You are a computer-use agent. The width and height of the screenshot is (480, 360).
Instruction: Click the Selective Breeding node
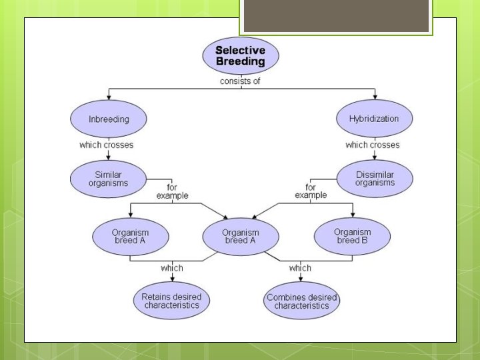tap(240, 56)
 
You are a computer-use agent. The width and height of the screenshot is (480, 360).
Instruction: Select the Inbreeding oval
tap(109, 119)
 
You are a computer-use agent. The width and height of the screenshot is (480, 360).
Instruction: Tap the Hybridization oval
tap(374, 119)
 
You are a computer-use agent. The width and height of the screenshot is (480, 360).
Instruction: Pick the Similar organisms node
tap(109, 179)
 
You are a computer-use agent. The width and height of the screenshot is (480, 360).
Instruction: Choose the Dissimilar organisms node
tap(375, 178)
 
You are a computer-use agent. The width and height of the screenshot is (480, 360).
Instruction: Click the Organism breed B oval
tap(351, 236)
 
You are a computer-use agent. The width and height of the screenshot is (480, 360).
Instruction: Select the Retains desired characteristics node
tap(171, 301)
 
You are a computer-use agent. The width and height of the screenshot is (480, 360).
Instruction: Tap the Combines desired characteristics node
tap(301, 301)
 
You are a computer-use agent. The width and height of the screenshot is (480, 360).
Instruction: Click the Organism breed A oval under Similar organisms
tap(130, 236)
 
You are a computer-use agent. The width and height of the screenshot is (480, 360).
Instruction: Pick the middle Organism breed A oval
tap(240, 236)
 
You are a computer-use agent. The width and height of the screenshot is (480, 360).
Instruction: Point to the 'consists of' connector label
tap(240, 81)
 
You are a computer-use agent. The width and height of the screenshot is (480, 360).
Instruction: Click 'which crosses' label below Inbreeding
tap(107, 145)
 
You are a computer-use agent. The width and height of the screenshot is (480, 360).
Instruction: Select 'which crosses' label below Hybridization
tap(373, 145)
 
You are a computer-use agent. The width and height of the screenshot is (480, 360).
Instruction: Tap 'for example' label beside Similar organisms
tap(173, 192)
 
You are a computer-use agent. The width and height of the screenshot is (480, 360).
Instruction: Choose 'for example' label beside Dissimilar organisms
tap(311, 192)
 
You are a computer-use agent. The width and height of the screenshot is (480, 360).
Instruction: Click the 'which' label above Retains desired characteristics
tap(172, 268)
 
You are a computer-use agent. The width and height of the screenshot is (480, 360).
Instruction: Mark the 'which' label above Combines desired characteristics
tap(300, 268)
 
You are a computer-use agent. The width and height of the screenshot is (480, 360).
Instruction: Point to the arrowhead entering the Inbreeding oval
tap(108, 97)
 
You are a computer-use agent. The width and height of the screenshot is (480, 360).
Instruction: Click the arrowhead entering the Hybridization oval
tap(375, 97)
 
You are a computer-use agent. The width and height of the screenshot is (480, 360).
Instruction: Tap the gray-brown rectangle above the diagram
tap(335, 16)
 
